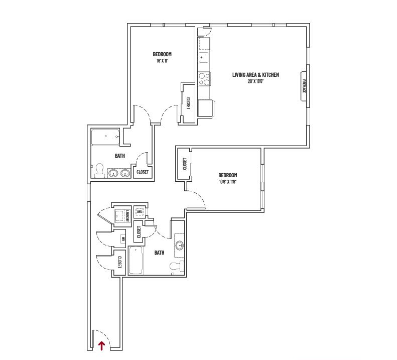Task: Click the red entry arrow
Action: [x=102, y=345]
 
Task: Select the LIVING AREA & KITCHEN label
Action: [x=255, y=75]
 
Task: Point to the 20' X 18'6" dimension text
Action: [x=255, y=81]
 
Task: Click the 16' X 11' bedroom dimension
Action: [x=162, y=61]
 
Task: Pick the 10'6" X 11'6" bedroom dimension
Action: [x=227, y=181]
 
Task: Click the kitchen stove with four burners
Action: [x=204, y=79]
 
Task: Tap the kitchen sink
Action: [x=204, y=56]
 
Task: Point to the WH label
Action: [x=122, y=238]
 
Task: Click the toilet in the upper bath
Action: [x=100, y=171]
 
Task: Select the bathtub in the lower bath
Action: [x=136, y=261]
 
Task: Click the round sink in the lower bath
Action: [x=180, y=246]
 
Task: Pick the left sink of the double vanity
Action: [x=114, y=174]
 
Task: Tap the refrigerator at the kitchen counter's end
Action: [x=205, y=107]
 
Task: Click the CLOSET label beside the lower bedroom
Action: [x=184, y=164]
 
